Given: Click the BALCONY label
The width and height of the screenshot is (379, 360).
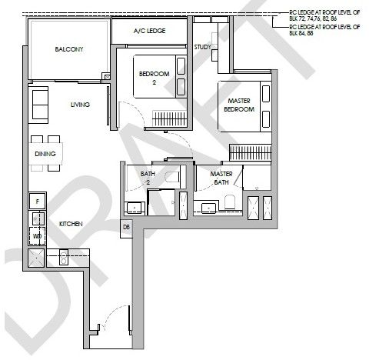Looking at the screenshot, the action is coord(69,49).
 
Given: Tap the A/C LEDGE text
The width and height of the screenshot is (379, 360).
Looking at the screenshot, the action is coord(149,31).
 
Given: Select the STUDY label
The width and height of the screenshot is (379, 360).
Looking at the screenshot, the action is coord(202,47).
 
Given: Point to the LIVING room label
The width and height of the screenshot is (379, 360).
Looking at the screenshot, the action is coord(80,105).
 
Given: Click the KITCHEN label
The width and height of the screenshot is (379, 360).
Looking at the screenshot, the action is coord(71,224).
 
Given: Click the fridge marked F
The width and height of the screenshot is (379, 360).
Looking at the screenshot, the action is coord(38,202).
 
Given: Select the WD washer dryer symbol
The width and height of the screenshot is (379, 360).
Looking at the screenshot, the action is coord(37,236).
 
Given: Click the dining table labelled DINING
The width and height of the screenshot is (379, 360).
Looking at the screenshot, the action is coord(45,154).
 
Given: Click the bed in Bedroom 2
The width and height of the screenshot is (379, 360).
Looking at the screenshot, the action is coord(160,76).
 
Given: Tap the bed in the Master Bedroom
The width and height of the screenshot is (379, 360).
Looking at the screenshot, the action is coord(244,106).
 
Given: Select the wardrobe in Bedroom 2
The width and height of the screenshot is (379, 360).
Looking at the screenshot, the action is coord(170,118).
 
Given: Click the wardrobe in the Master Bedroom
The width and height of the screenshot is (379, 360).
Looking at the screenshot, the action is coord(251,152).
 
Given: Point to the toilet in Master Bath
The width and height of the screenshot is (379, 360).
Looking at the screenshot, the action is coord(230,202).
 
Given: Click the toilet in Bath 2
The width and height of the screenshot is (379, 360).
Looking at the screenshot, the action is coord(173,177).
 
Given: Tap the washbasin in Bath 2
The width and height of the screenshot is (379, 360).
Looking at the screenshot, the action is coord(135,208).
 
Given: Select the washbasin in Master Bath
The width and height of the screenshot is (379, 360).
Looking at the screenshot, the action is coord(208,208).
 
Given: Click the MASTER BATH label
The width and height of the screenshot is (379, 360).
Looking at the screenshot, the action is coord(221,178).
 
